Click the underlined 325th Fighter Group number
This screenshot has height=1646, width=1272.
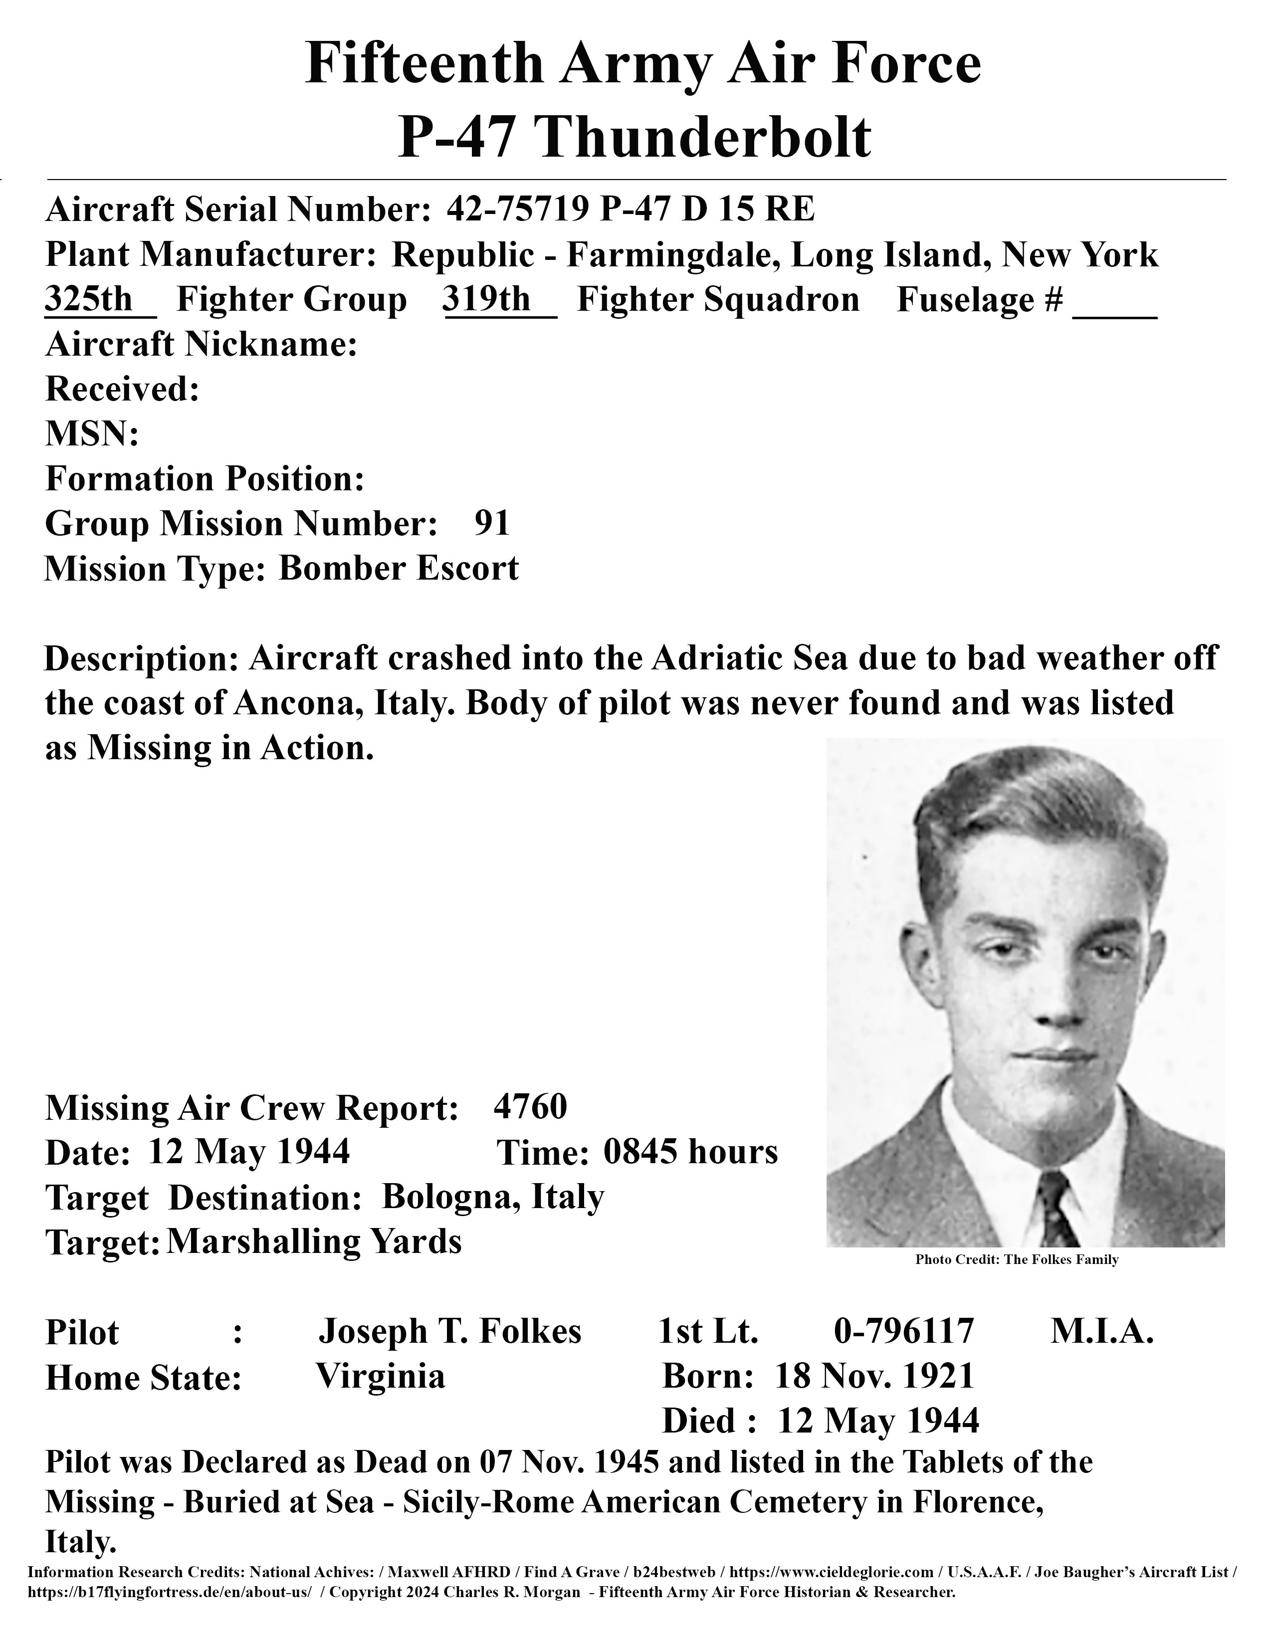(89, 299)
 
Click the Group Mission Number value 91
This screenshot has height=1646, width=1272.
(492, 523)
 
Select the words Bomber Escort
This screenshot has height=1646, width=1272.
(399, 568)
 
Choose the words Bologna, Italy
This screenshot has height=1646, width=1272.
(493, 1197)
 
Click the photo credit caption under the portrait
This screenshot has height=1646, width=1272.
(1017, 1260)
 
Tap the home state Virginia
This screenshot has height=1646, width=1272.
(381, 1376)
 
